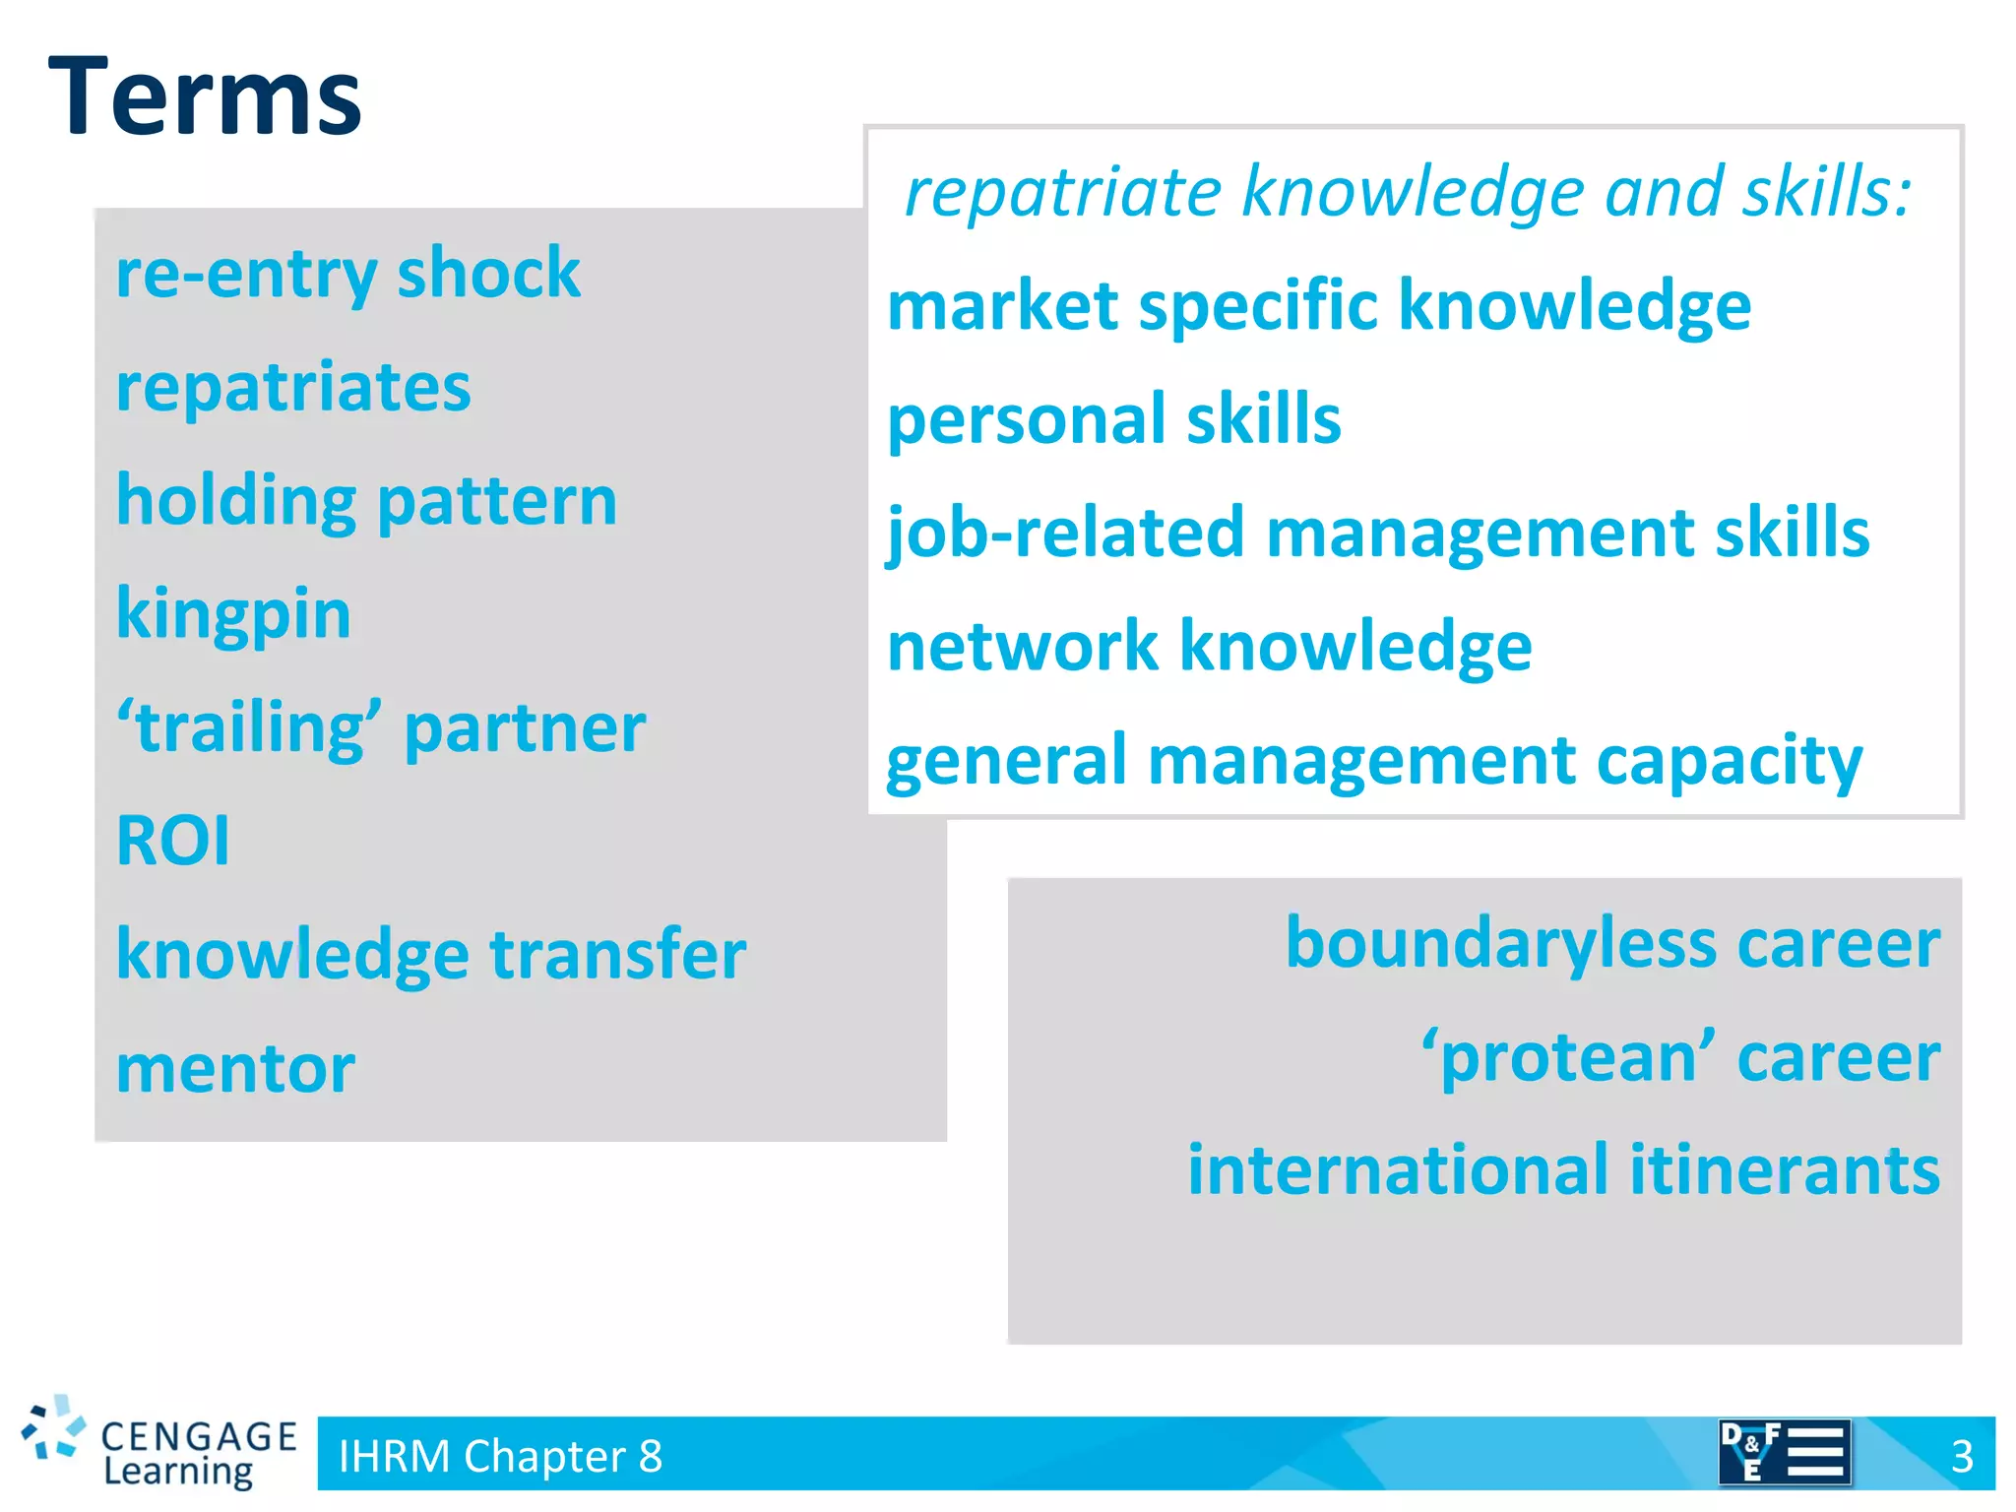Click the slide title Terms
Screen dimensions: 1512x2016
205,96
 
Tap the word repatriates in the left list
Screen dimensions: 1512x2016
293,387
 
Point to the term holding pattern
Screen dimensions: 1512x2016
366,501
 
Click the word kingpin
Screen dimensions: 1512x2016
233,614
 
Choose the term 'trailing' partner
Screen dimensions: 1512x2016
381,728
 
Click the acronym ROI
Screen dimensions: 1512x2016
173,842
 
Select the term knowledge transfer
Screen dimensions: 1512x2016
431,955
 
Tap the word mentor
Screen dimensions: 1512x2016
235,1069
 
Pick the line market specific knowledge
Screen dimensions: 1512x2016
1319,305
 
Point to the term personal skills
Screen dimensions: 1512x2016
1113,419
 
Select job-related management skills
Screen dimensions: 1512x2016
1378,534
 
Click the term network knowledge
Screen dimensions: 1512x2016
1209,647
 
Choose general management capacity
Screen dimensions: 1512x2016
1374,761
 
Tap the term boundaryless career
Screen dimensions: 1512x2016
1612,943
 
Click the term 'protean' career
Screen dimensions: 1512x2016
1680,1057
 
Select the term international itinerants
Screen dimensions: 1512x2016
1563,1170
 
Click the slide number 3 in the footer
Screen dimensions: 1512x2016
1962,1456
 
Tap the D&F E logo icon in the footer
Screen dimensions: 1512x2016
1784,1452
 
